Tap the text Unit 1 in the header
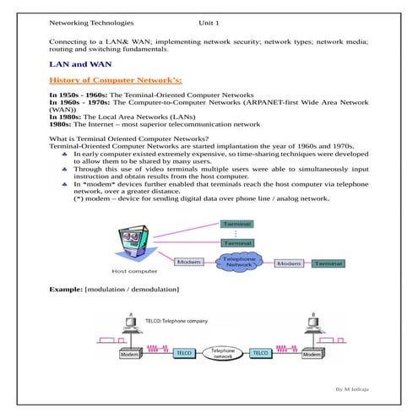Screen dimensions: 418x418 [209, 24]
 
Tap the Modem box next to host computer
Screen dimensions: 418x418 [188, 263]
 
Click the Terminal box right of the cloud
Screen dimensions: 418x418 [328, 263]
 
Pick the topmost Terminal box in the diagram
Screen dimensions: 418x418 [236, 224]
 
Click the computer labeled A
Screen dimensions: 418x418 [131, 334]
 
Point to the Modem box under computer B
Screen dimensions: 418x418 [312, 356]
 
